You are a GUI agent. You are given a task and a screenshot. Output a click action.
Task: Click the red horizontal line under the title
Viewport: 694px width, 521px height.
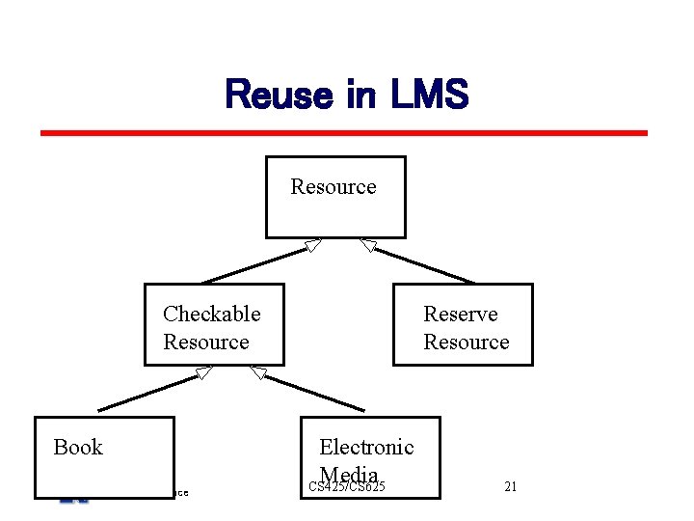pyautogui.click(x=343, y=133)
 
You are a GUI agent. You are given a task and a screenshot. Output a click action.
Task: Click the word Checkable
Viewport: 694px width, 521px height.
pyautogui.click(x=211, y=314)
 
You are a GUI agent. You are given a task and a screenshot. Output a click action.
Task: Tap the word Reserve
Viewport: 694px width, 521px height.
pyautogui.click(x=461, y=314)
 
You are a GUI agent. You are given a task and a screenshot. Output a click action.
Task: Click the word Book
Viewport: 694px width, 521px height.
pyautogui.click(x=78, y=447)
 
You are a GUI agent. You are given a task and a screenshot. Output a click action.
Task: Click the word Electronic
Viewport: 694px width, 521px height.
pyautogui.click(x=366, y=447)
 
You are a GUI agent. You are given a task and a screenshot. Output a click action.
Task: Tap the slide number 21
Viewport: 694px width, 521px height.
pyautogui.click(x=511, y=486)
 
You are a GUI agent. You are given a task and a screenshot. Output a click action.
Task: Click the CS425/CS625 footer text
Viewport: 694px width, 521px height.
pyautogui.click(x=347, y=487)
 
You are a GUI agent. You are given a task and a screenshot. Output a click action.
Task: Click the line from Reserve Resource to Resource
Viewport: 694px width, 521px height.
pyautogui.click(x=424, y=265)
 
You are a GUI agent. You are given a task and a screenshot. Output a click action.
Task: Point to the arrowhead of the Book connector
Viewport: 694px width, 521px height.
pyautogui.click(x=202, y=372)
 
